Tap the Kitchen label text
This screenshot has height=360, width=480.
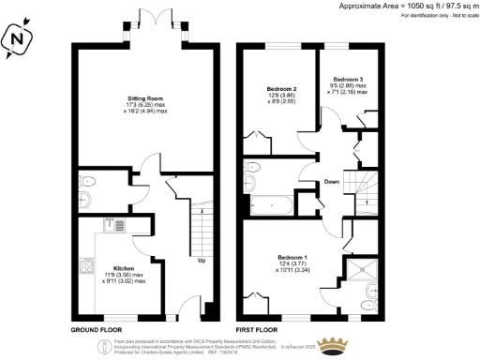[x=125, y=266]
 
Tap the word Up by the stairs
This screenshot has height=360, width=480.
[x=201, y=261]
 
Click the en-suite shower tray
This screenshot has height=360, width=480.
[x=362, y=273]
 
